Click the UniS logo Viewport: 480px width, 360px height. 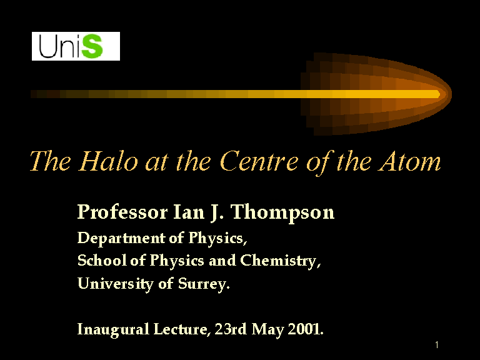click(x=76, y=46)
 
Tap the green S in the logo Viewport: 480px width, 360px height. click(x=92, y=46)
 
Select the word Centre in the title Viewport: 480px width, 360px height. click(x=259, y=161)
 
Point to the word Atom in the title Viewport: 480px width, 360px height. click(x=409, y=161)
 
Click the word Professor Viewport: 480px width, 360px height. click(x=122, y=212)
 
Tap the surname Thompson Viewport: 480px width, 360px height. click(x=282, y=212)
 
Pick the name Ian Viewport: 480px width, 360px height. click(x=189, y=211)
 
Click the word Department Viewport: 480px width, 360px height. click(x=121, y=239)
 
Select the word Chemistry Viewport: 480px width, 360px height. click(x=281, y=261)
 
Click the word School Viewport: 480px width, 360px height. click(x=102, y=261)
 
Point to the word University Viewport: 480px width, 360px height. click(x=116, y=284)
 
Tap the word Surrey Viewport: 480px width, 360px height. click(x=204, y=284)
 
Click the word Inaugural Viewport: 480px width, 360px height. click(x=113, y=330)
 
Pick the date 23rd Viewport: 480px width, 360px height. click(x=231, y=329)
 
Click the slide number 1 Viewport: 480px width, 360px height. click(x=437, y=345)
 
